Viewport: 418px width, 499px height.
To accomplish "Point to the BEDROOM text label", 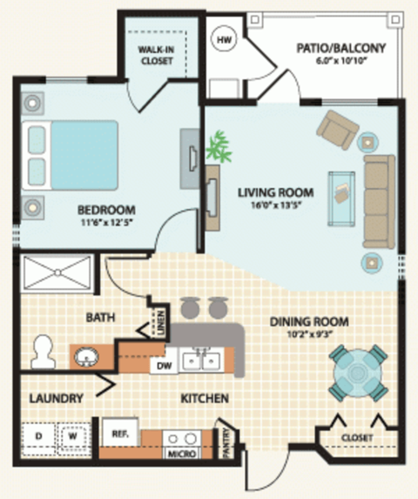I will pyautogui.click(x=106, y=209).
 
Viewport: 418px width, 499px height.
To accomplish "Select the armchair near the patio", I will pyautogui.click(x=336, y=129).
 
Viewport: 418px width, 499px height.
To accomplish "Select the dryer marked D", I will pyautogui.click(x=38, y=435).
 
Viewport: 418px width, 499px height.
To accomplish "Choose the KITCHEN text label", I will pyautogui.click(x=205, y=399).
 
